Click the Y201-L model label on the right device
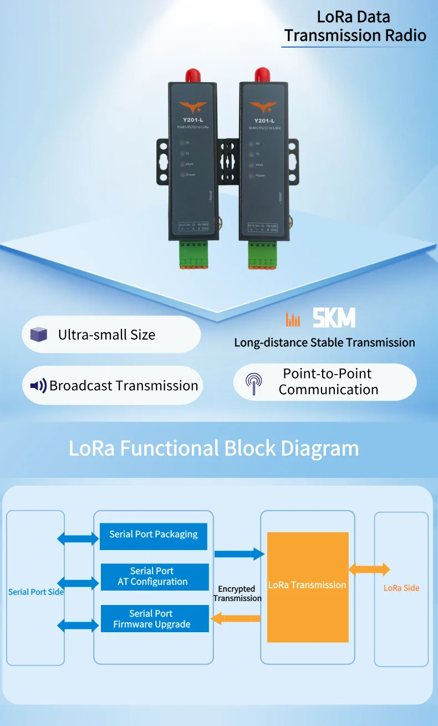[x=264, y=120]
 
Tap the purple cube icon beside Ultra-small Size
[x=38, y=335]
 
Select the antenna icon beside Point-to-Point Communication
[x=254, y=382]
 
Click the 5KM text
[x=334, y=319]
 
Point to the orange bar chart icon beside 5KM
[x=293, y=319]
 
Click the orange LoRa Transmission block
[x=308, y=587]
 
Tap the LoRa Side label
[x=401, y=588]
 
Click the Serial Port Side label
[x=35, y=592]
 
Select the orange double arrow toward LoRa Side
[x=369, y=569]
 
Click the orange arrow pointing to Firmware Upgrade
[x=236, y=618]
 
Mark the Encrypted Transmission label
[x=237, y=593]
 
